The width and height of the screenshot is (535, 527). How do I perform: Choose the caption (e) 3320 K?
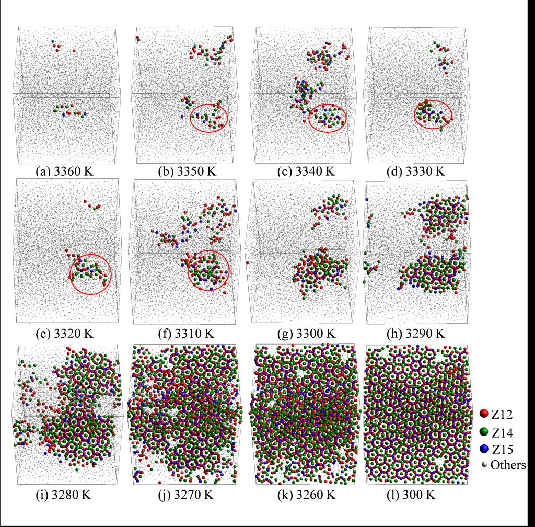point(66,330)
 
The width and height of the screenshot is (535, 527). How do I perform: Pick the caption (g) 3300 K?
point(303,330)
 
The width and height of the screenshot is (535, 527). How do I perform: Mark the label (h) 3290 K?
point(420,330)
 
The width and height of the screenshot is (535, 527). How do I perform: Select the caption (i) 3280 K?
point(67,493)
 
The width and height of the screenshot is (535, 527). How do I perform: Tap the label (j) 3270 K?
point(184,493)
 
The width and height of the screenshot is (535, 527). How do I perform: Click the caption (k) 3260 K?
point(304,493)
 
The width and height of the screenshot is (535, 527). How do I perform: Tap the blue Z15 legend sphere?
point(483,449)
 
